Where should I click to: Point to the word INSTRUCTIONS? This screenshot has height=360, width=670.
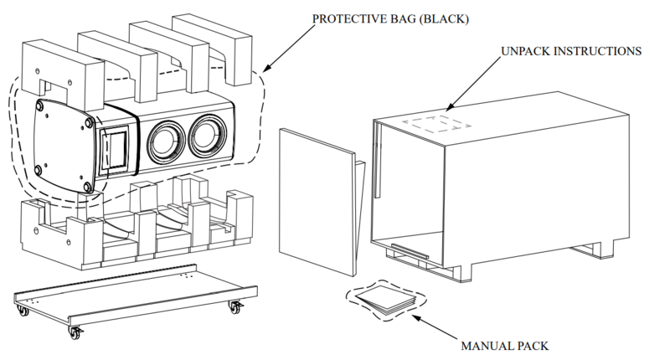pyautogui.click(x=601, y=51)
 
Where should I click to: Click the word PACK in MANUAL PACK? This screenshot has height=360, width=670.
pyautogui.click(x=533, y=344)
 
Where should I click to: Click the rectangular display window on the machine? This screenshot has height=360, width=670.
pyautogui.click(x=115, y=147)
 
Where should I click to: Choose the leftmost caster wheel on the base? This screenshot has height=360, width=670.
pyautogui.click(x=22, y=311)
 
